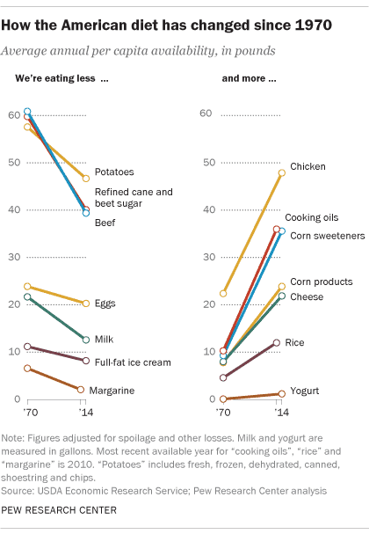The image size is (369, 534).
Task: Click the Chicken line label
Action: pos(308,166)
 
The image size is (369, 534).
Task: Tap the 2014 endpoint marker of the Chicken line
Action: pos(282,173)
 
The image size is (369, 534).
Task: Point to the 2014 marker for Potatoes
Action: pos(85,179)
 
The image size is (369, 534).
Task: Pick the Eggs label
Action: pos(105,304)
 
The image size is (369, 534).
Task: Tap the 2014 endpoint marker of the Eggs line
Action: pos(85,304)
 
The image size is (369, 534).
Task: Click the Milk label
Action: pos(104,340)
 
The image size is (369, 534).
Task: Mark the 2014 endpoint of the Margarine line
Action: pos(81,390)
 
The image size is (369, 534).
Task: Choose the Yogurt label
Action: pos(305,391)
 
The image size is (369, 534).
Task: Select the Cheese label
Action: pos(307,296)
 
